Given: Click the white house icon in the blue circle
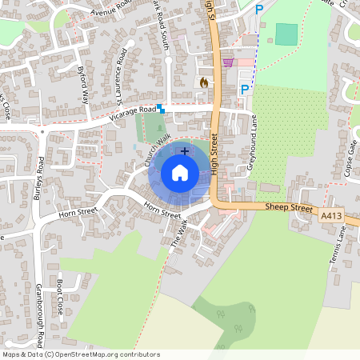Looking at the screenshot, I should click(x=180, y=173).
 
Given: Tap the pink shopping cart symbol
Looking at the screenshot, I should click(x=228, y=62).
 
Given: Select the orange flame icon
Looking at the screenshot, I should click(x=203, y=82).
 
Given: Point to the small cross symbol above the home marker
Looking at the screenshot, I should click(x=185, y=150).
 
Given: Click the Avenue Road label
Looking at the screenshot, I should click(x=110, y=9).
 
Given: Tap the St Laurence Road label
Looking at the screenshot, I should click(x=122, y=77).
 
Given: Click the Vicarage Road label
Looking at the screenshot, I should click(x=132, y=114).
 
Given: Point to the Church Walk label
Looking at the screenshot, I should click(x=154, y=152).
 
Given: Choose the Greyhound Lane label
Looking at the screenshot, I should click(x=254, y=137).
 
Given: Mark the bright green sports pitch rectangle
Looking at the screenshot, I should click(x=286, y=34).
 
